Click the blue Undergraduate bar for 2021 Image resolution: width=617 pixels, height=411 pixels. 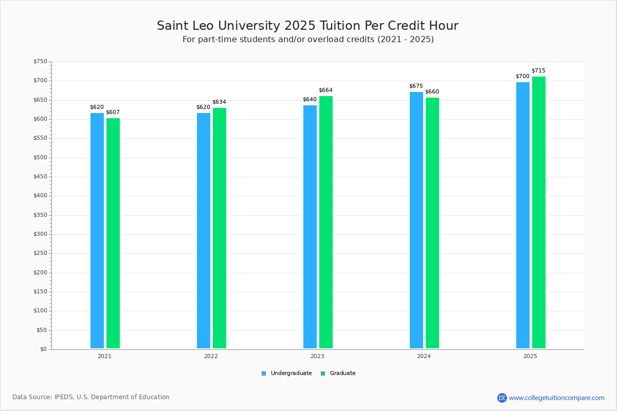(x=97, y=231)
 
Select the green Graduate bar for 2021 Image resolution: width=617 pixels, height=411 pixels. (x=113, y=233)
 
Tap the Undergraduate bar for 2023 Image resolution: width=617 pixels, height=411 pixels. (x=310, y=227)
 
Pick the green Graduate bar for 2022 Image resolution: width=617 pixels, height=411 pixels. (x=220, y=228)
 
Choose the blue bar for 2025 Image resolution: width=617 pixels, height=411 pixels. (x=523, y=215)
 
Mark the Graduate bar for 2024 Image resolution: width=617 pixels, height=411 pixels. (x=432, y=223)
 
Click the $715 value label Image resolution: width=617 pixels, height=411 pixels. (x=538, y=71)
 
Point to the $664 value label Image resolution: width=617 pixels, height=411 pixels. (x=325, y=90)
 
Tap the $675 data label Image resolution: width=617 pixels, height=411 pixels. (x=416, y=86)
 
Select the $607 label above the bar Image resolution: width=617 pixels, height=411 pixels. (x=113, y=113)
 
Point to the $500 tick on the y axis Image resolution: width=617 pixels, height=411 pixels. (x=40, y=158)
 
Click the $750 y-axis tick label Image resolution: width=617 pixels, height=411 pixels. (x=40, y=62)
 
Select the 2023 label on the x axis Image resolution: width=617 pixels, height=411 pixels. (x=317, y=356)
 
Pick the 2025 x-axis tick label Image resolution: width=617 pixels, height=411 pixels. (x=530, y=356)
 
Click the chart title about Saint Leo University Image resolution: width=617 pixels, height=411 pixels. (x=307, y=26)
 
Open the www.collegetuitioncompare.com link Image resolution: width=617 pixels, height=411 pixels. (x=556, y=398)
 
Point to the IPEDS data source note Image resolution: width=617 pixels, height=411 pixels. (x=91, y=397)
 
